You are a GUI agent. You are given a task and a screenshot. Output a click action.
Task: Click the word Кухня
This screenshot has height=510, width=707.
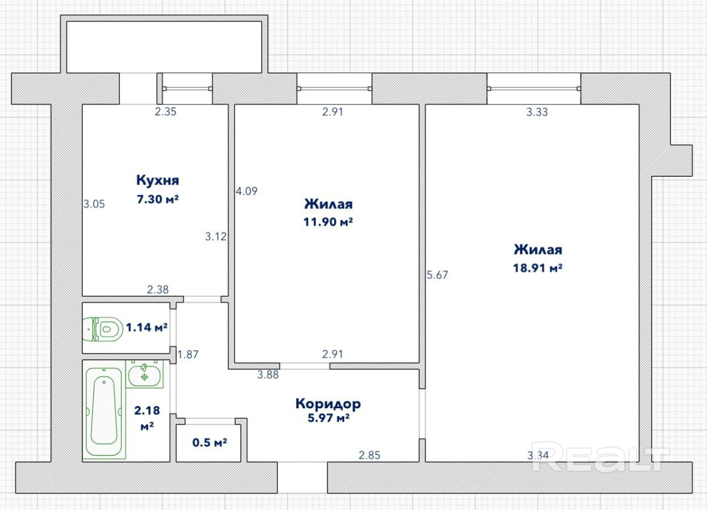coord(157,180)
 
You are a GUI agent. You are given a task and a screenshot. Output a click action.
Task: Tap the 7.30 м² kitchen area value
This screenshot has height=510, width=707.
coord(157,199)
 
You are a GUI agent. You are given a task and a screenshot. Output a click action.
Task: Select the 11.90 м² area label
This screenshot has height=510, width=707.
coord(328,222)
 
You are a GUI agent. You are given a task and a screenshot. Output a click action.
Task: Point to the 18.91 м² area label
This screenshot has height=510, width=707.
coord(538,268)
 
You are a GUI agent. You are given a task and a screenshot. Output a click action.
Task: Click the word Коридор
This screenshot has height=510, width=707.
coord(328,404)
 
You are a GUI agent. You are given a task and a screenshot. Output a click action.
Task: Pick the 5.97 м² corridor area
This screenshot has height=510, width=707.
coord(329,418)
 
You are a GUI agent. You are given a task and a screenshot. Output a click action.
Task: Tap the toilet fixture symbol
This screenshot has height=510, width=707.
coord(103,329)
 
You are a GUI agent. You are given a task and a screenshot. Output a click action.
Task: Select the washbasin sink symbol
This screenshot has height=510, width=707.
coord(145,374)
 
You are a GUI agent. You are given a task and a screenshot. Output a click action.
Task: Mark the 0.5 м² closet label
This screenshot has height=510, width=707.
coord(209,443)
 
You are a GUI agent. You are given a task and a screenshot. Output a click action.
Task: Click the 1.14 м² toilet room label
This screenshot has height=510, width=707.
coord(146,328)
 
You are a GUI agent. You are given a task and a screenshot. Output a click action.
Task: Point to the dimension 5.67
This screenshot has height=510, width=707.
coord(437,275)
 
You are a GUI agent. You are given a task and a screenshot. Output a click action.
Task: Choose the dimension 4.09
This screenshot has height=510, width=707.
coord(246,191)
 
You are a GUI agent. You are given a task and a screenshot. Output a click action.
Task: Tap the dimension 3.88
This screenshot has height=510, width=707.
coord(268,375)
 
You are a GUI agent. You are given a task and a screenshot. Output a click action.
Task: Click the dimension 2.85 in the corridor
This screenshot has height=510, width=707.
coord(370,455)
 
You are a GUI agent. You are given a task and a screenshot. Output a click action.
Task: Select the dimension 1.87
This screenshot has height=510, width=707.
coord(188,355)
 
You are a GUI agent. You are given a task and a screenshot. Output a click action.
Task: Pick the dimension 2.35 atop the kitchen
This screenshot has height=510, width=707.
coord(165,112)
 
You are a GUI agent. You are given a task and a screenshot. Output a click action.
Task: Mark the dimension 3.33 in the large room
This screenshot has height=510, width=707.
coord(537,112)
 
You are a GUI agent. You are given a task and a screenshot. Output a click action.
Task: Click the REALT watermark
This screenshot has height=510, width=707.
coord(600,456)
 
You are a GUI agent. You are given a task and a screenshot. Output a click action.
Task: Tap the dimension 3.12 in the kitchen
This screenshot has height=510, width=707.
coord(216,236)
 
